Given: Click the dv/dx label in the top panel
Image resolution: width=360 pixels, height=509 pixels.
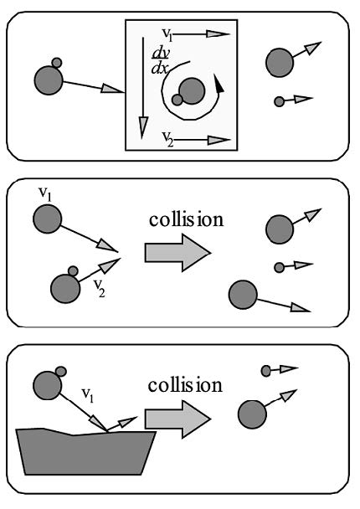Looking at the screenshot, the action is pyautogui.click(x=160, y=61).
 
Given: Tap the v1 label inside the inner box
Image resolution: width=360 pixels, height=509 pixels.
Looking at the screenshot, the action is pyautogui.click(x=167, y=34).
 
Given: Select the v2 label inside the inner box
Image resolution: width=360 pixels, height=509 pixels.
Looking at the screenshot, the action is pyautogui.click(x=167, y=139).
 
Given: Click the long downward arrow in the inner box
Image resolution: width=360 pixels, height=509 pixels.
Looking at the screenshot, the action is pyautogui.click(x=143, y=88).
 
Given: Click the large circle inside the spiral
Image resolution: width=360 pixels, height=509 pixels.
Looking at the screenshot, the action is pyautogui.click(x=192, y=91).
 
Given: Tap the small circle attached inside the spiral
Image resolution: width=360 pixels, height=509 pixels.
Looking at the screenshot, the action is pyautogui.click(x=177, y=100).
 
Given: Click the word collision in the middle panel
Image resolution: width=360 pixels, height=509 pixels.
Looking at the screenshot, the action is pyautogui.click(x=186, y=219).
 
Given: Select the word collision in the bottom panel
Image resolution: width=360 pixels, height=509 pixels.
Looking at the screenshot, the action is pyautogui.click(x=185, y=385).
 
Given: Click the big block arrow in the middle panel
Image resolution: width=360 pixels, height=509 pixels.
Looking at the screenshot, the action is pyautogui.click(x=177, y=253).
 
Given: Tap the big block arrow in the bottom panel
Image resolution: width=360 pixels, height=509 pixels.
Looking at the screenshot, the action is pyautogui.click(x=177, y=419).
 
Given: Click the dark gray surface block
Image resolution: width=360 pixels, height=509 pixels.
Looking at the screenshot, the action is pyautogui.click(x=85, y=452).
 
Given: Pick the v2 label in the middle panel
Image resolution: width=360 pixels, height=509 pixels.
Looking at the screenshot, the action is pyautogui.click(x=99, y=288).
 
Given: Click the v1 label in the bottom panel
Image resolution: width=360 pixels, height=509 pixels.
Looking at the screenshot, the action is pyautogui.click(x=87, y=395).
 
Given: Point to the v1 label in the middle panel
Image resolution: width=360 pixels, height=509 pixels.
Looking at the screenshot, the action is pyautogui.click(x=45, y=194).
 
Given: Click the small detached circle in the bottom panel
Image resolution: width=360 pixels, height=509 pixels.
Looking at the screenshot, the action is pyautogui.click(x=266, y=371).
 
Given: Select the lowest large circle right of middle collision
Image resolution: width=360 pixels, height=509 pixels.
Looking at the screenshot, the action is pyautogui.click(x=243, y=295).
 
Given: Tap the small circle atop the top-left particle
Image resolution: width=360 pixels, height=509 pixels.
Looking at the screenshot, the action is pyautogui.click(x=57, y=63).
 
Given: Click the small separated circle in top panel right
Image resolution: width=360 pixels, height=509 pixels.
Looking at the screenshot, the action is pyautogui.click(x=279, y=101).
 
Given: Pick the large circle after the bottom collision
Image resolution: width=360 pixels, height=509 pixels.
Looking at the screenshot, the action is pyautogui.click(x=252, y=414).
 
